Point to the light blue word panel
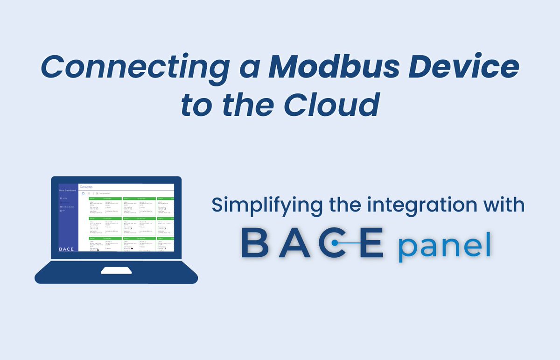(x=444, y=247)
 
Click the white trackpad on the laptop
(x=116, y=270)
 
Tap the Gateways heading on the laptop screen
(x=86, y=186)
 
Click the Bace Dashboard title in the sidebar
(x=68, y=191)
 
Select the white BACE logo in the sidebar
(x=67, y=249)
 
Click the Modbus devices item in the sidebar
(x=68, y=206)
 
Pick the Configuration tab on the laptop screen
(x=103, y=193)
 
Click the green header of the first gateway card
(x=105, y=198)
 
